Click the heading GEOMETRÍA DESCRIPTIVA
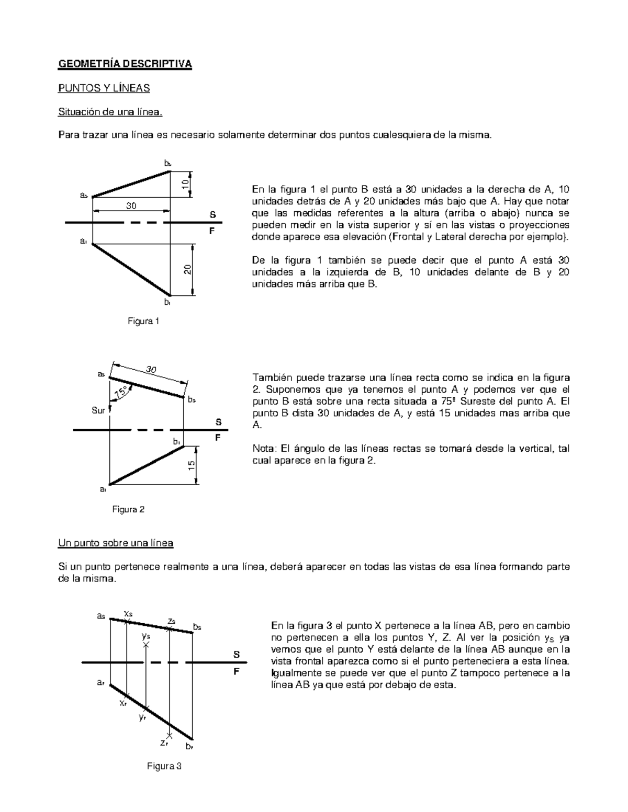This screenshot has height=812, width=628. (x=125, y=64)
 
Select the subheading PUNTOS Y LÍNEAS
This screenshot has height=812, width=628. (x=104, y=88)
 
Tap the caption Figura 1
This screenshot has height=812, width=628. (x=143, y=321)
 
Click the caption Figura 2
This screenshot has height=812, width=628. (x=128, y=509)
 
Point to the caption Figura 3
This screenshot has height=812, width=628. (x=164, y=767)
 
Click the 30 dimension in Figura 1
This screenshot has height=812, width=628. (x=131, y=206)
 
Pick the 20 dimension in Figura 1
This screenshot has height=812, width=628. (x=187, y=270)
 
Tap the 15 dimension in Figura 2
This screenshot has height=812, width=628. (x=192, y=465)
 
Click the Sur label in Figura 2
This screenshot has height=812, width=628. (x=98, y=410)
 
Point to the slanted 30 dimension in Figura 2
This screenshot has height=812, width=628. (x=151, y=370)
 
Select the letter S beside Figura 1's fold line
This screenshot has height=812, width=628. (x=212, y=215)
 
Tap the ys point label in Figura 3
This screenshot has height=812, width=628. (x=145, y=636)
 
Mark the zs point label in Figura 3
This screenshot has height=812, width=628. (x=171, y=621)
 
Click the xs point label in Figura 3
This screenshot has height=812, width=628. (x=128, y=613)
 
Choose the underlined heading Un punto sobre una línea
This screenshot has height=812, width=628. (x=115, y=543)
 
